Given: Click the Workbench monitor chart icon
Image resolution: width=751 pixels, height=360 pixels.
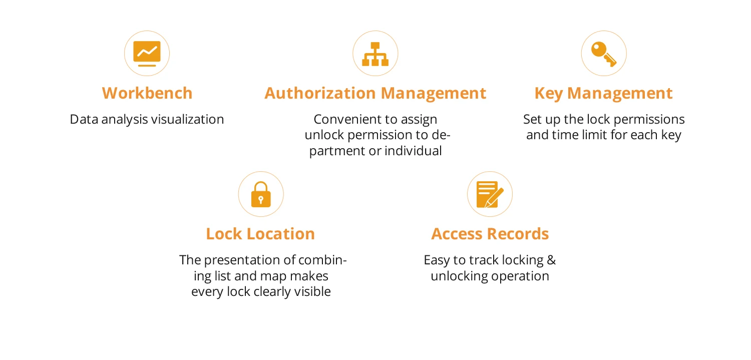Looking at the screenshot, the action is (x=147, y=53).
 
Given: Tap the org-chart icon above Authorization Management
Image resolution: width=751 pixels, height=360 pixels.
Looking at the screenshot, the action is (x=375, y=54).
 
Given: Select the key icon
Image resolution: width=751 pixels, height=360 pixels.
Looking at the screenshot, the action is (x=603, y=54).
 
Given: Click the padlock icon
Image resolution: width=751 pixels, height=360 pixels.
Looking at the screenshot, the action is (x=260, y=194).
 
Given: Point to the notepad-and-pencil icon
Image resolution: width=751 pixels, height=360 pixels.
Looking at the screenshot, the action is (x=489, y=194).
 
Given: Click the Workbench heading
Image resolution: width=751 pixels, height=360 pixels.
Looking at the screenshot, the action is (x=147, y=93).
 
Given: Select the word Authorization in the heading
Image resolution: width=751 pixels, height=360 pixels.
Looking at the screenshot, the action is (x=320, y=93).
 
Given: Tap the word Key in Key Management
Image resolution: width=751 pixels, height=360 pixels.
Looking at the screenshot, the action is (x=548, y=93).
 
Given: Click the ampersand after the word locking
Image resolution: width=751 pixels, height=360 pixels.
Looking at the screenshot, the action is (x=551, y=260).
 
